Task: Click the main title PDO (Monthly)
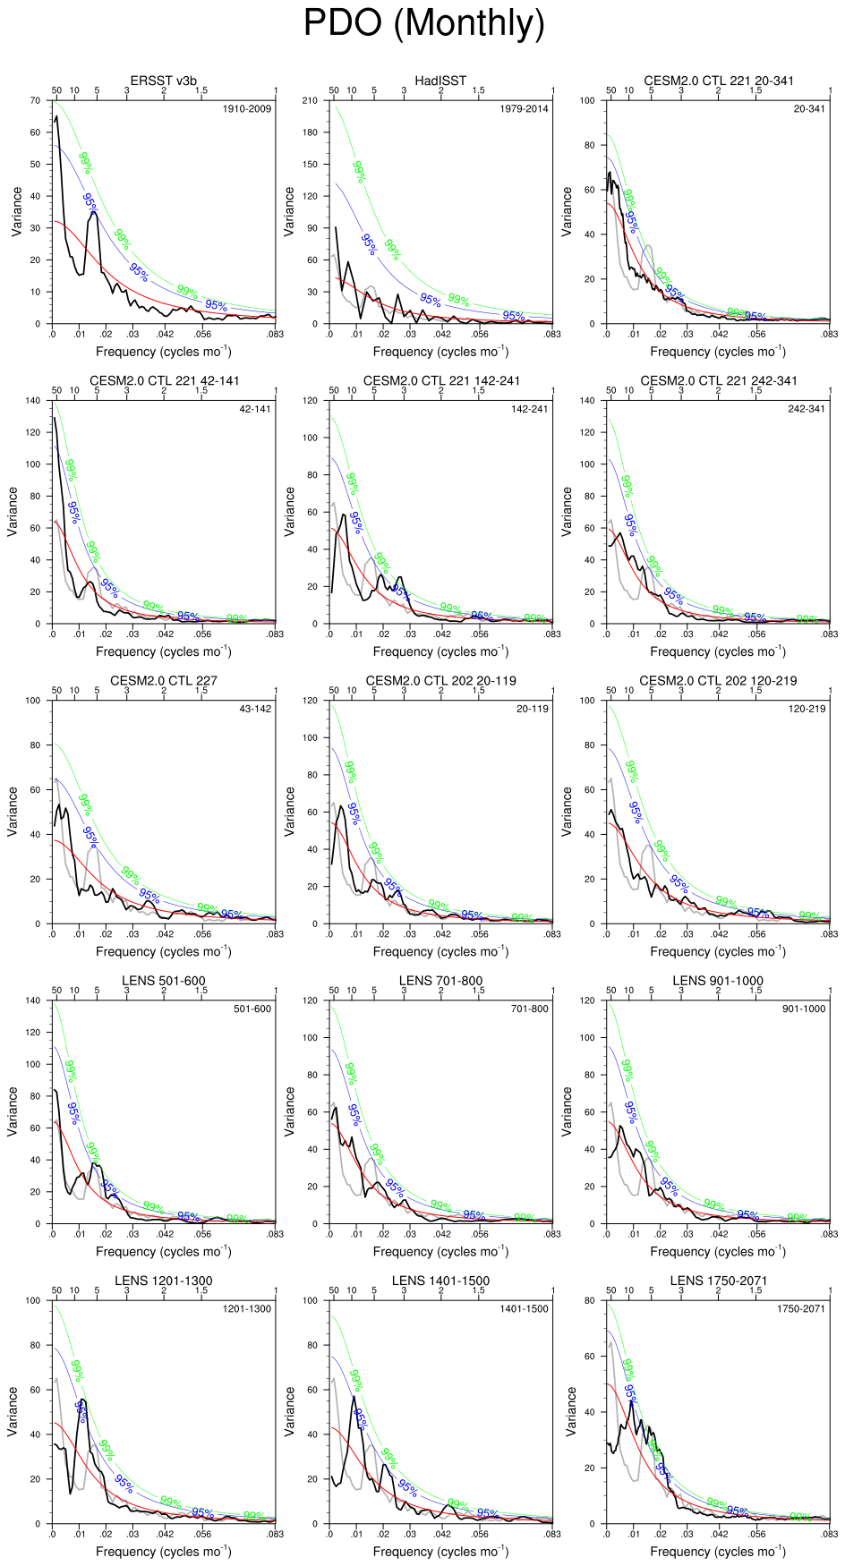click(x=423, y=23)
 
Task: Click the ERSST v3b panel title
click(x=163, y=81)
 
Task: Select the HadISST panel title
click(x=440, y=81)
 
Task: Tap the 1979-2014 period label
click(x=524, y=109)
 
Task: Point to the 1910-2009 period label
click(x=247, y=109)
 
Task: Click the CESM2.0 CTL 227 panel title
click(x=163, y=681)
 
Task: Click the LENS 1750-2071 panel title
click(x=718, y=1281)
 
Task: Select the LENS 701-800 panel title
click(x=440, y=981)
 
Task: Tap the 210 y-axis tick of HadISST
click(x=310, y=100)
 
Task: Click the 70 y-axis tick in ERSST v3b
click(x=36, y=100)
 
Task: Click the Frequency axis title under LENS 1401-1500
click(x=440, y=1551)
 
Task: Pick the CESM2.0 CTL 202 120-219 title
click(x=718, y=681)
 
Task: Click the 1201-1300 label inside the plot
click(x=247, y=1309)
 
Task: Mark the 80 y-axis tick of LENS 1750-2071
click(x=591, y=1300)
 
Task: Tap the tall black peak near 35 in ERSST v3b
click(x=94, y=213)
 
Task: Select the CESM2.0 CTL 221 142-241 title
click(x=440, y=381)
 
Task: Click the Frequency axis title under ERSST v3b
click(x=163, y=352)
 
